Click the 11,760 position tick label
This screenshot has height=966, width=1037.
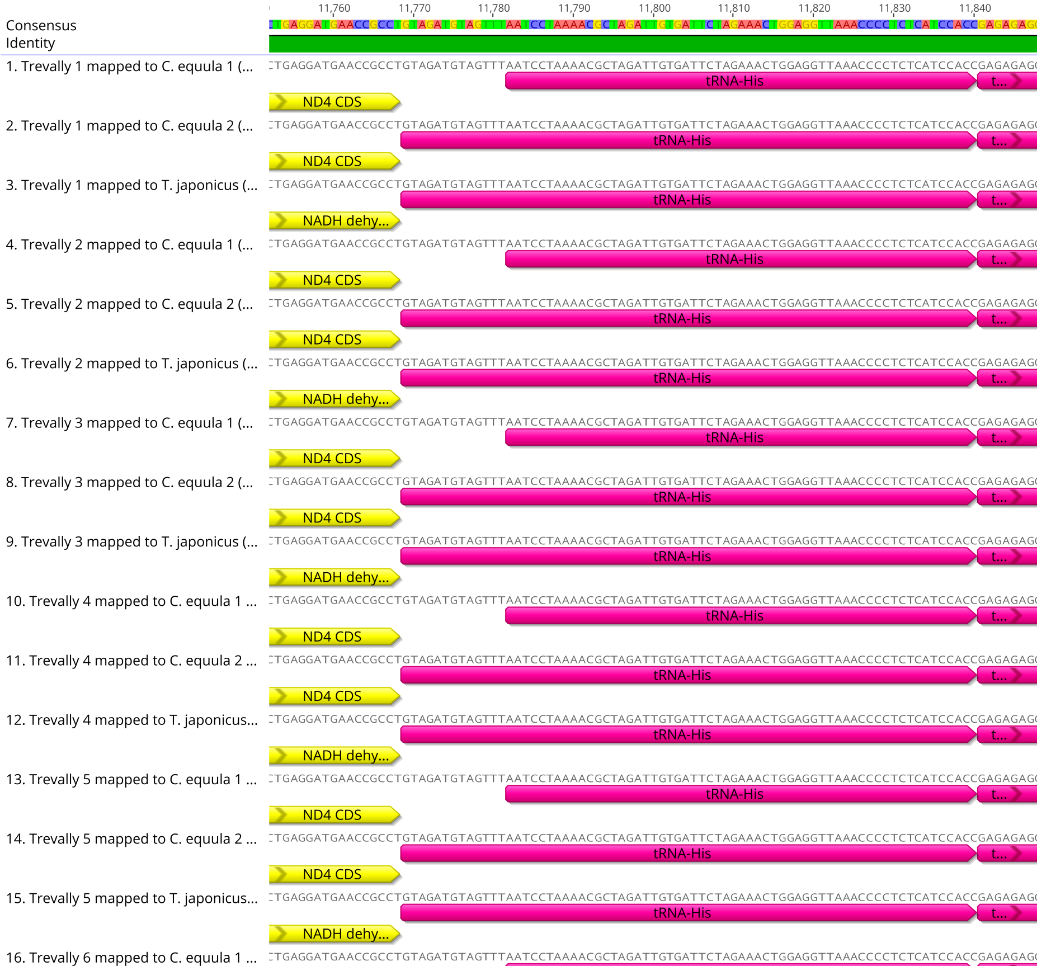pos(334,8)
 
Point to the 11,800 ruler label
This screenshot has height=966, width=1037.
pos(654,8)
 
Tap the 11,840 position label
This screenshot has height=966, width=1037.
pos(975,8)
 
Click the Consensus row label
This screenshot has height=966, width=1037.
pos(41,26)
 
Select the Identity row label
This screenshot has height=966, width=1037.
pos(31,43)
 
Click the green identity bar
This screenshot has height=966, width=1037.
pos(652,44)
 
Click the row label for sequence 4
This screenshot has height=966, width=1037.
pos(130,245)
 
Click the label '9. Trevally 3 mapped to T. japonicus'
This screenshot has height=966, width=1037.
pos(132,542)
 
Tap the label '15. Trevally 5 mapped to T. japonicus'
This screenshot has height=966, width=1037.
pos(132,898)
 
